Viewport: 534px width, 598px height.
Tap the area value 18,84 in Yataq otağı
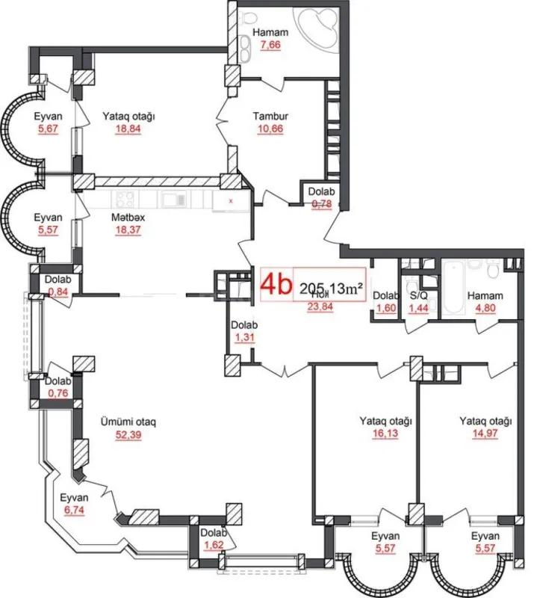tap(128, 129)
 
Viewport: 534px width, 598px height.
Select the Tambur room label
tap(270, 117)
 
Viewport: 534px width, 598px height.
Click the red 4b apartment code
tap(275, 285)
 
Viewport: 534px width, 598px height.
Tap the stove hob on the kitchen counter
tap(125, 200)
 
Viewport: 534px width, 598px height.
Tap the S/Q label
tap(418, 295)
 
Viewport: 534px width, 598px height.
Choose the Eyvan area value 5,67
tap(46, 129)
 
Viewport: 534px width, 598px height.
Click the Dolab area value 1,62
tap(214, 545)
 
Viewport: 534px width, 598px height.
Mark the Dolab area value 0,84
tap(58, 292)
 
